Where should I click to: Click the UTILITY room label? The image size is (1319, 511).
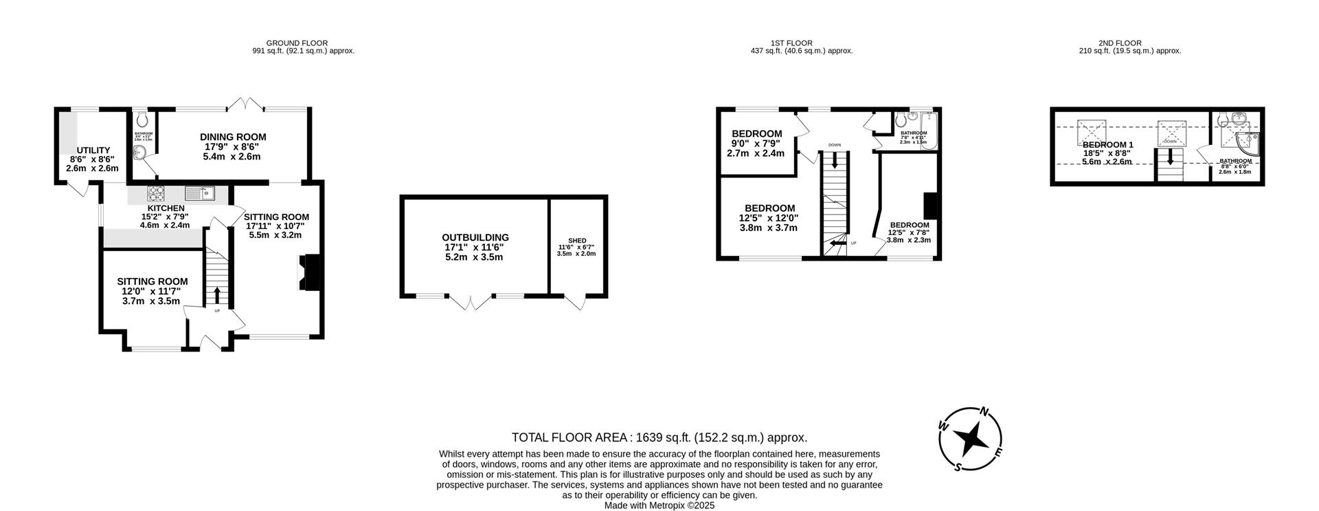[x=93, y=150]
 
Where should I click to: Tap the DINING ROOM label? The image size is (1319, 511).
[x=233, y=137]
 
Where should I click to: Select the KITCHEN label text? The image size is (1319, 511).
[x=166, y=208]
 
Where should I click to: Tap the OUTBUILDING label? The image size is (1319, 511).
[x=475, y=237]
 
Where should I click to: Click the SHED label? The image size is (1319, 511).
[x=577, y=241]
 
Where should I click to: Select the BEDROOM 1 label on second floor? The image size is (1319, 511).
[x=1107, y=144]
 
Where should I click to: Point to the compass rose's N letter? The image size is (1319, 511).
[x=984, y=412]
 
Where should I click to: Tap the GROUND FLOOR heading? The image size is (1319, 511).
[x=297, y=43]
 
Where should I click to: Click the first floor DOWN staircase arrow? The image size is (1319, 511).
[x=835, y=161]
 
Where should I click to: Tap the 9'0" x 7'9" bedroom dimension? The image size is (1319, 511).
[x=756, y=144]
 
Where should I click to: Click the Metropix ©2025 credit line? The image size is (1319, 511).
[x=659, y=505]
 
